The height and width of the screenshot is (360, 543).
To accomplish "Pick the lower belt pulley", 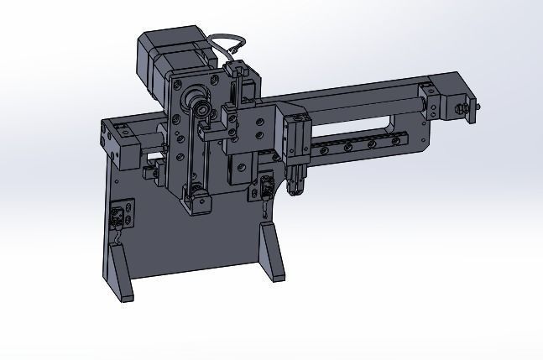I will pyautogui.click(x=198, y=196).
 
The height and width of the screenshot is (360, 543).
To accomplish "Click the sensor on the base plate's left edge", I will pyautogui.click(x=119, y=215).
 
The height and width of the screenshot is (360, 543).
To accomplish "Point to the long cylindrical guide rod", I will pyautogui.click(x=361, y=107).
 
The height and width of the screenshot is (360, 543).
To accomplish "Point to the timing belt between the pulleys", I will pyautogui.click(x=191, y=147).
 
